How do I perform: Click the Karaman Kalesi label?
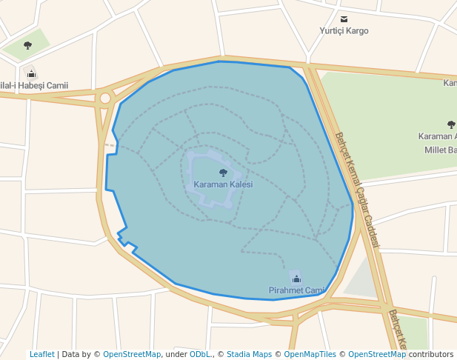coord(223,184)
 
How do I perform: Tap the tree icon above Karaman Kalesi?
coord(223,173)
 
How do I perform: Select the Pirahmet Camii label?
coord(296,290)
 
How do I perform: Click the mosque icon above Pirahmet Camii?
coord(296,279)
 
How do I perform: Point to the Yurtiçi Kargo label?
coord(344,30)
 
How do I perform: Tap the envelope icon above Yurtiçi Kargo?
coord(344,19)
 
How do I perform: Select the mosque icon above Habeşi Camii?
coord(30,73)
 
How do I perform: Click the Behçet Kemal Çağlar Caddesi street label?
coord(357,190)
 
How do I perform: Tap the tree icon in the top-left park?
coord(27,45)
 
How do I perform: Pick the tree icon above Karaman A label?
coord(451,124)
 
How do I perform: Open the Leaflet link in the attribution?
coord(42,354)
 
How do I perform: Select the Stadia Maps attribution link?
coord(249,354)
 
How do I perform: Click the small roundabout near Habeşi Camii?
coord(105,98)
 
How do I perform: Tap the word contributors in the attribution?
coord(430,354)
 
